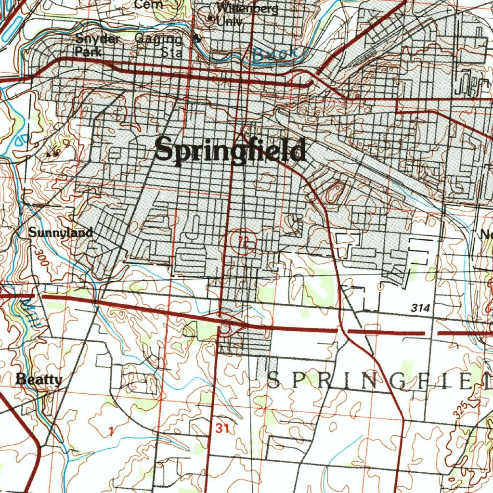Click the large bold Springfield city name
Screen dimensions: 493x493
230,150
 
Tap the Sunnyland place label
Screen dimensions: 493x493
60,233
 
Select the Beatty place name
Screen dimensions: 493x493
39,379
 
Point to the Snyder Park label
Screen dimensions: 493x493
97,45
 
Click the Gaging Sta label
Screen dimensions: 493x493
159,46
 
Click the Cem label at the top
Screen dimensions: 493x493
149,4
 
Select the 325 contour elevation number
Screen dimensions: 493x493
460,408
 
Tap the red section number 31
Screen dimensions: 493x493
222,428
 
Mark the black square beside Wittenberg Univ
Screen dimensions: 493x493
210,18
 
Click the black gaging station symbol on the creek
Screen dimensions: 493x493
195,39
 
